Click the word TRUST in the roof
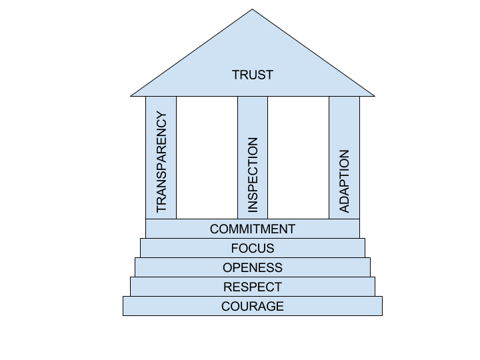point(252,75)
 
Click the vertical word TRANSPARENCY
point(161,163)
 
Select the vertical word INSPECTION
point(253,175)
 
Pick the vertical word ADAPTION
point(344,181)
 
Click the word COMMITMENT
point(252,229)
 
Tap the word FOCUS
point(252,248)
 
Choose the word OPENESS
point(252,267)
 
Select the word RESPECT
point(252,287)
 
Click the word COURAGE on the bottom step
point(252,306)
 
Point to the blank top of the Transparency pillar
point(161,104)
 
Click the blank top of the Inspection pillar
point(253,113)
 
